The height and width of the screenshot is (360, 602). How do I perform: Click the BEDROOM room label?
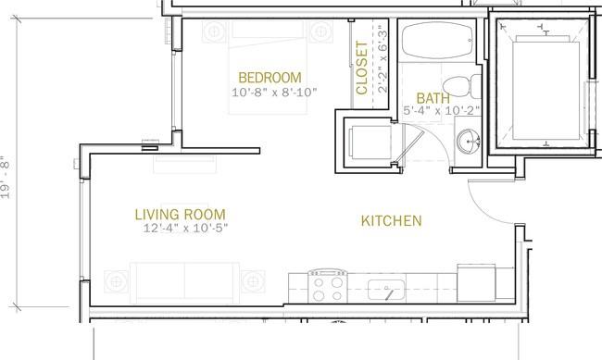(270, 78)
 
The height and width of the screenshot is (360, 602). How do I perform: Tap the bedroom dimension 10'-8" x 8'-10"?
(274, 93)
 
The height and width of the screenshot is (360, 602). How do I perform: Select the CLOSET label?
(361, 68)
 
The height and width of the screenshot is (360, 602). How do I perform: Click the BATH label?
(433, 98)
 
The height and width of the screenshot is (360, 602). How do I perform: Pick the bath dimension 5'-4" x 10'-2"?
(442, 110)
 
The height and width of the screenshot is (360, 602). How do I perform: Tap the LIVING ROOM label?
(180, 215)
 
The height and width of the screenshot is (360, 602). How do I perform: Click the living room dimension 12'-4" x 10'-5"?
(185, 228)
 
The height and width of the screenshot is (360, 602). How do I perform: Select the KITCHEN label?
(391, 220)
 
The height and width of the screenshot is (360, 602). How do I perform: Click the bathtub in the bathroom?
(438, 41)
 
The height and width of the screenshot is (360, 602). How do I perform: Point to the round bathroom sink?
(469, 142)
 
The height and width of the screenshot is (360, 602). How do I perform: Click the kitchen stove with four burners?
(328, 286)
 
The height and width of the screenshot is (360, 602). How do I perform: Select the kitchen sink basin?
(386, 290)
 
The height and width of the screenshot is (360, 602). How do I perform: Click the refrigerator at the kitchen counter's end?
(476, 283)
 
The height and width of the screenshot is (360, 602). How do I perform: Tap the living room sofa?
(184, 282)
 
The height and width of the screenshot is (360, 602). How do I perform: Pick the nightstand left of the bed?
(214, 31)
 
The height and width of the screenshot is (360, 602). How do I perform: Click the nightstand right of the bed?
(321, 31)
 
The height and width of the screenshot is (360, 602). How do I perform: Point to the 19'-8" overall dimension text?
(6, 177)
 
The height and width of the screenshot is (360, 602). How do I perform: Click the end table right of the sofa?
(253, 281)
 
